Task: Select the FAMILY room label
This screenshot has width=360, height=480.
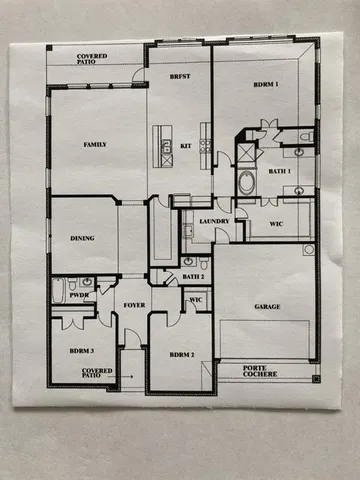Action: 96,145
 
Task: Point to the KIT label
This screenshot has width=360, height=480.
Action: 186,146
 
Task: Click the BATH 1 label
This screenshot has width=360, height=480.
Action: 280,172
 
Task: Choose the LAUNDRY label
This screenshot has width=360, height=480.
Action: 215,221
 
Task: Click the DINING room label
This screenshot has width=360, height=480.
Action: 82,239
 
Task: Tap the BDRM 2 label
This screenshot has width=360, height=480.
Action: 181,354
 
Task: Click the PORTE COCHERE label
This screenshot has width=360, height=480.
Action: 262,373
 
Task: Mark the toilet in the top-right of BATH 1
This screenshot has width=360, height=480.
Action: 306,136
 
